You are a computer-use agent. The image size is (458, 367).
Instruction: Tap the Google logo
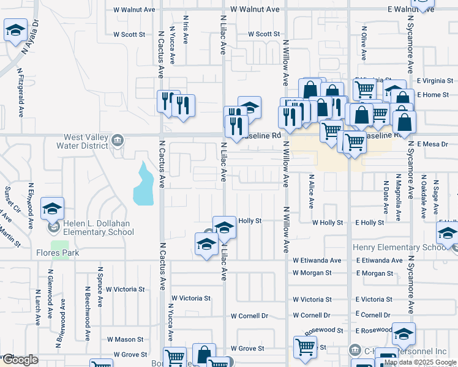tap(20, 360)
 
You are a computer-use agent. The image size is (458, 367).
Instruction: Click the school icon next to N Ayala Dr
tap(15, 30)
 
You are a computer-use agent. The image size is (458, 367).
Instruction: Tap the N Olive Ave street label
tap(364, 43)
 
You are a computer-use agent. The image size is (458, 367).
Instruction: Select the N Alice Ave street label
tap(312, 195)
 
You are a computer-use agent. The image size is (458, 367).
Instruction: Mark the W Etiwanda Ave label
tap(317, 261)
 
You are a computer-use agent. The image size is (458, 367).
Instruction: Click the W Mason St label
tap(125, 339)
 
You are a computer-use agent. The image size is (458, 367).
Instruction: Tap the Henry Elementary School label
tap(399, 248)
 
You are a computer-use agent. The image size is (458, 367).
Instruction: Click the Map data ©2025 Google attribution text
tap(420, 362)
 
